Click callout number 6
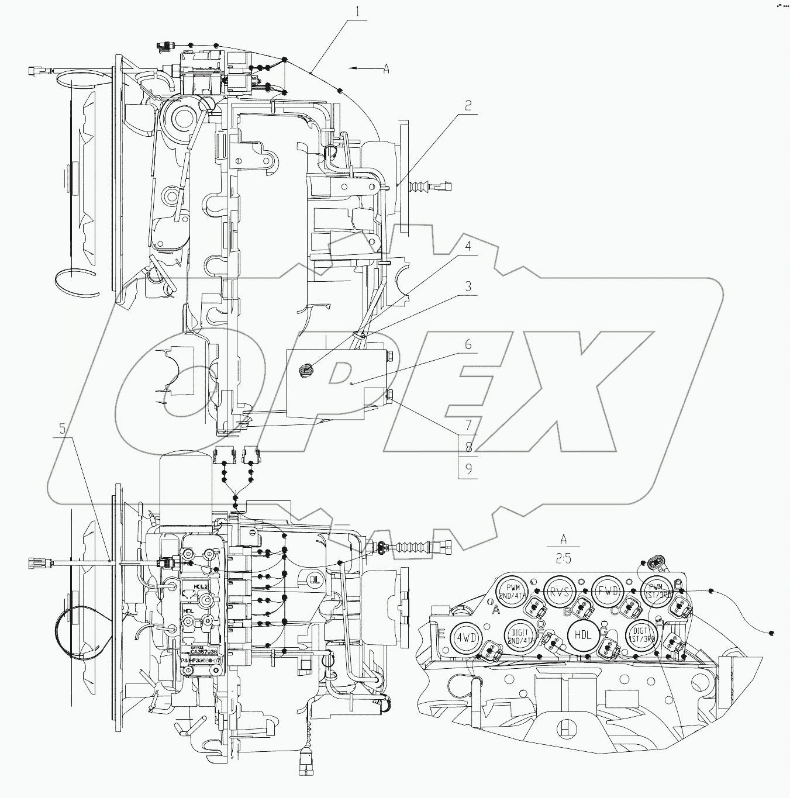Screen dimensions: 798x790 click(468, 345)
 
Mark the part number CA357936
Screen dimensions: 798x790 click(203, 651)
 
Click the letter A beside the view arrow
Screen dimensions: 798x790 click(386, 69)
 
